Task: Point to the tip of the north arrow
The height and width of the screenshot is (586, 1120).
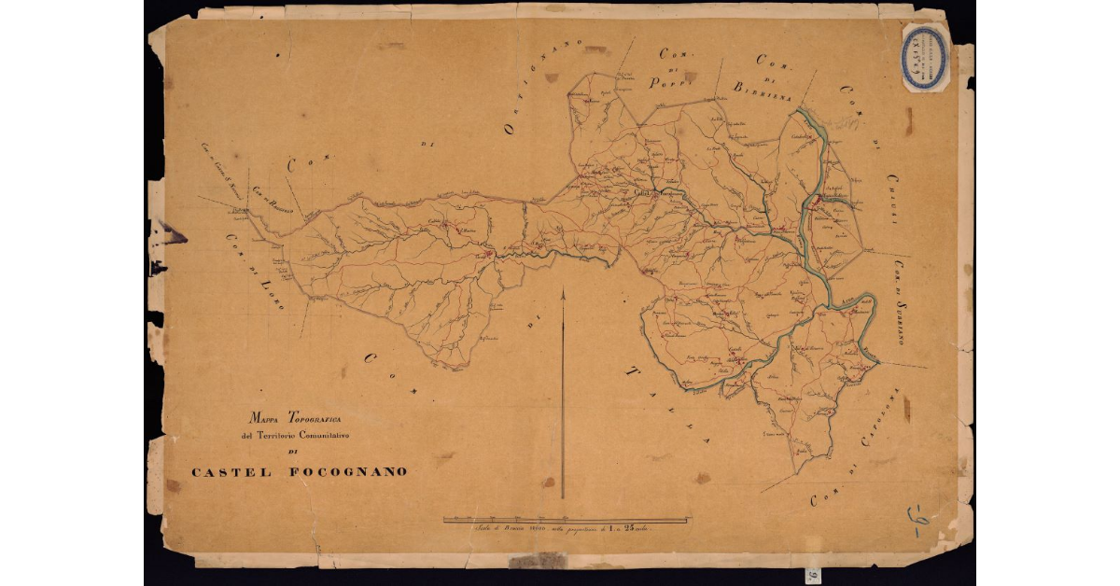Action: (x=563, y=290)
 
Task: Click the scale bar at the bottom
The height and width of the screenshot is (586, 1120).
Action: (x=567, y=519)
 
